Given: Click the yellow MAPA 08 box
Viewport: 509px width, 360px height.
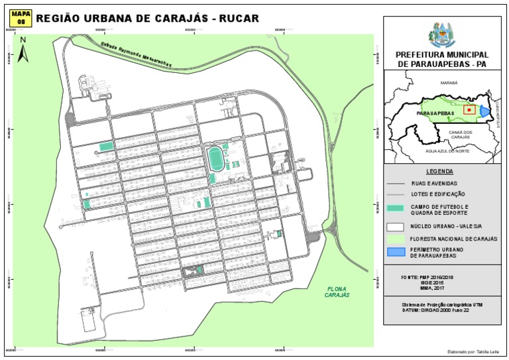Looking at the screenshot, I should pos(21,18).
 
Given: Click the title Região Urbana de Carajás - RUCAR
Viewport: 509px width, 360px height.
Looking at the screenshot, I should pos(147,19).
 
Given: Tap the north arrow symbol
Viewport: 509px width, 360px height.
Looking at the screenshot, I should pos(23,50).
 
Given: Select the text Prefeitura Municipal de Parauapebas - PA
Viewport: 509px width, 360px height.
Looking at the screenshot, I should pos(442,59).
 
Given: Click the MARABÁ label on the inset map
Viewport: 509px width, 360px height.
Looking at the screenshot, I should pos(449,84).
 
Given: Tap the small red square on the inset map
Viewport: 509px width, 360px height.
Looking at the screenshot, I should pos(469,109).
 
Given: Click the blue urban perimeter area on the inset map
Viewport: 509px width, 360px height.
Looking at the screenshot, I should pos(486,111).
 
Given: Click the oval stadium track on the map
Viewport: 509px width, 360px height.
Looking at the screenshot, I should pos(215,160).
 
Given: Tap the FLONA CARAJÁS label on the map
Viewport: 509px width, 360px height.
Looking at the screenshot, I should pos(337,291).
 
